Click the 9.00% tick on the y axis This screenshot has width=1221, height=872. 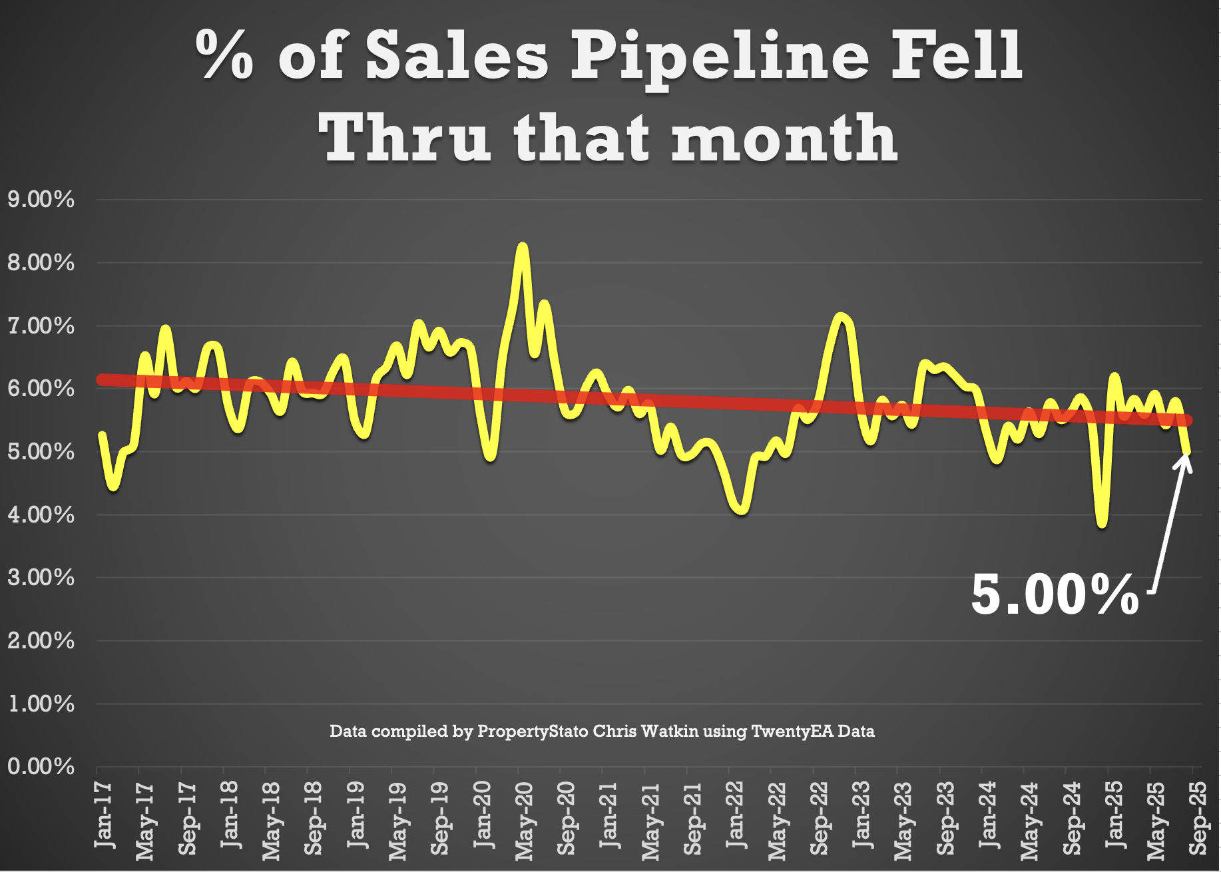point(41,199)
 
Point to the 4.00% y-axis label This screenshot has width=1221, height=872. point(41,515)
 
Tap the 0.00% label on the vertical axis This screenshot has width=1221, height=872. point(41,766)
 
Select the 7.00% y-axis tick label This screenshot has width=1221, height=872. point(41,326)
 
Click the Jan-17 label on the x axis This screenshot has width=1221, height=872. point(104,815)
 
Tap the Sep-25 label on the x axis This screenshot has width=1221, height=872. point(1198,819)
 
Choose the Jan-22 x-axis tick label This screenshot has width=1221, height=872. point(735,815)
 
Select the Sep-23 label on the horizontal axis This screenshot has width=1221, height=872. point(945,819)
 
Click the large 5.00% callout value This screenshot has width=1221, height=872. point(1055,594)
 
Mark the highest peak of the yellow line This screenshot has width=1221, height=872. point(523,247)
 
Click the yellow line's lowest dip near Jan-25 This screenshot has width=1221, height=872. point(1102,524)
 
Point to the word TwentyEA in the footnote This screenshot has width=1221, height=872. point(792,732)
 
